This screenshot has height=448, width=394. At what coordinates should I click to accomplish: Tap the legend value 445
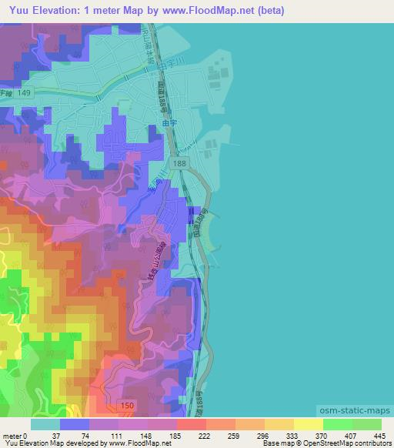coord(379,435)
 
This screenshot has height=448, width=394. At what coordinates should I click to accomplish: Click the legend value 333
coord(266,435)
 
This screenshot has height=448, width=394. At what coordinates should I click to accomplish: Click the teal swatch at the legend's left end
coord(45,424)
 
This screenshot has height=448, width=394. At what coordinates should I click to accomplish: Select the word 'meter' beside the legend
coord(12,435)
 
